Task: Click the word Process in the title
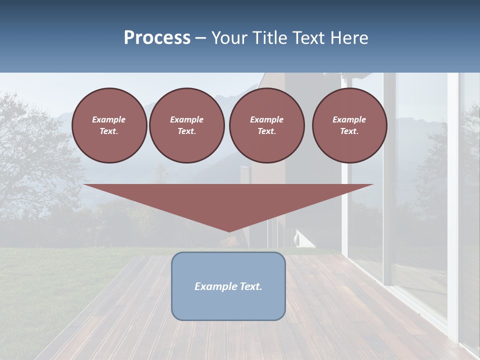157,38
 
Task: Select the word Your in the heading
229,38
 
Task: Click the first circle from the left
109,125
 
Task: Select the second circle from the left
187,125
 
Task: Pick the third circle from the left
267,125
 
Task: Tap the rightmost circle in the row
349,125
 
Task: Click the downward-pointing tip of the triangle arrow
229,231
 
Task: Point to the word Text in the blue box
250,286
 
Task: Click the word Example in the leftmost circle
109,119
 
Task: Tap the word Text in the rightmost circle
349,131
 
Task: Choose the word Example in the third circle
266,119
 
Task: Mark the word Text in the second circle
186,131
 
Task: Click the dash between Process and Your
201,38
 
